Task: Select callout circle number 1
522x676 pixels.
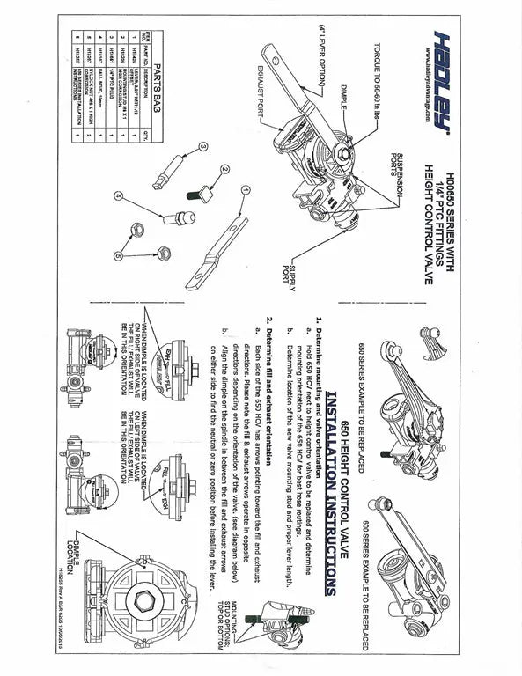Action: (246, 187)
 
